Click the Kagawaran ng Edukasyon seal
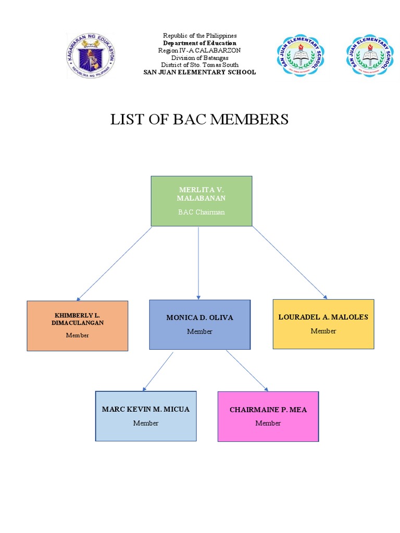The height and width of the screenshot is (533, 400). coord(91,55)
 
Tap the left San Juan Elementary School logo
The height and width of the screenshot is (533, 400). coord(300,55)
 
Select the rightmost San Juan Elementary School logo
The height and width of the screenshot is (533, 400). coord(370,55)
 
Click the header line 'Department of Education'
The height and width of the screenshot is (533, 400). coord(199,43)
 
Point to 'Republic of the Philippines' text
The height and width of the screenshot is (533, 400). coord(199,35)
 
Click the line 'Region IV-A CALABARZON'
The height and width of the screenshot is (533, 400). coord(199,50)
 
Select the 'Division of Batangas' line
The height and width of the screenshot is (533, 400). coord(199,58)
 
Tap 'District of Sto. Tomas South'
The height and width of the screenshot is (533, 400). coord(199,65)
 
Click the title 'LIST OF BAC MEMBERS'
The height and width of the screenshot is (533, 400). coord(199,119)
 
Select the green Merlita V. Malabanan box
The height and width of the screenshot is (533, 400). coord(202,201)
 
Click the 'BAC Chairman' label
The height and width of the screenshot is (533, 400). coord(202,212)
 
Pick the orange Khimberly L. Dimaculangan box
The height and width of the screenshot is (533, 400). coord(78,325)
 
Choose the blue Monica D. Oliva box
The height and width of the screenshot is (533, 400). coord(199,324)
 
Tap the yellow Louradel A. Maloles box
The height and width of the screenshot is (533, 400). coord(323,324)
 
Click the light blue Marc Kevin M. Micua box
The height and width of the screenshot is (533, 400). coord(146,416)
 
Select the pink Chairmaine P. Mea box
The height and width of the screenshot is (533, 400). coord(268,416)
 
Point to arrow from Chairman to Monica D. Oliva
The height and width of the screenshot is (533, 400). coord(198,263)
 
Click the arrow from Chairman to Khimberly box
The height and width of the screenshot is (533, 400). coord(115,263)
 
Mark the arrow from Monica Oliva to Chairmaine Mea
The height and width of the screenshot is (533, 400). coord(247,371)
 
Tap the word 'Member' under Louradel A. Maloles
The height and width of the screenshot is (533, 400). coord(323,331)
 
